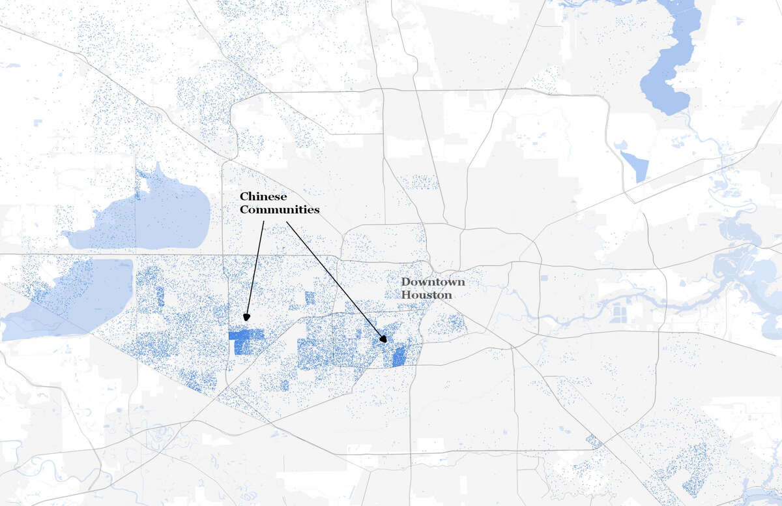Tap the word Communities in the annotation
tap(280, 210)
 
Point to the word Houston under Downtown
tap(426, 295)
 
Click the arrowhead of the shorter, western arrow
tap(247, 317)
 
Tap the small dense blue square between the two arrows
tap(310, 298)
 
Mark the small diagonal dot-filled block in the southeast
tap(594, 441)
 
